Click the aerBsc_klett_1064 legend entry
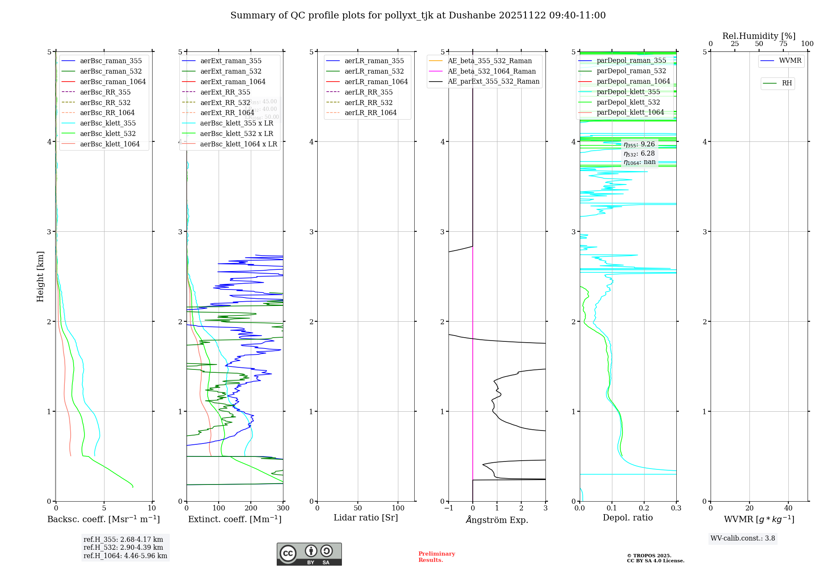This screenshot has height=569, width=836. tap(110, 144)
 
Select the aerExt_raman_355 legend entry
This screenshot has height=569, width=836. tap(231, 61)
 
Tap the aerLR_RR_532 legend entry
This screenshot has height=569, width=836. tap(368, 103)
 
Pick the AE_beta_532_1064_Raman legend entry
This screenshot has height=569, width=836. tap(492, 71)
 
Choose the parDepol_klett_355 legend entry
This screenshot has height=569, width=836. tap(628, 92)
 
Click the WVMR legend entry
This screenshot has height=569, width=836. tap(790, 61)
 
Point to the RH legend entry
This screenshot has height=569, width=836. tap(787, 83)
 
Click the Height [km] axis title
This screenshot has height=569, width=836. tap(40, 277)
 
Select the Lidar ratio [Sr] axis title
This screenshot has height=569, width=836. tap(366, 518)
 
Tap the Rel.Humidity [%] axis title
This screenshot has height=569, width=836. tap(759, 36)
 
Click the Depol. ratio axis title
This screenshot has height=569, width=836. tap(627, 518)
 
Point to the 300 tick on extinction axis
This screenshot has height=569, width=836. tap(283, 508)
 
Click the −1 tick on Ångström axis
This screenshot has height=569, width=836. tap(449, 508)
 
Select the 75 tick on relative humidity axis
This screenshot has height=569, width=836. tap(783, 44)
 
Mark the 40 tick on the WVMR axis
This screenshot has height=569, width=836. tap(788, 508)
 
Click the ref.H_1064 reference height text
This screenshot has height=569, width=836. tap(125, 556)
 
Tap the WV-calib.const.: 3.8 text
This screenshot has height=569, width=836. tap(743, 538)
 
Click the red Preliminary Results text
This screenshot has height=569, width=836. tap(436, 557)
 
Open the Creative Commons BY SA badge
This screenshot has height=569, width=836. tap(309, 554)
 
